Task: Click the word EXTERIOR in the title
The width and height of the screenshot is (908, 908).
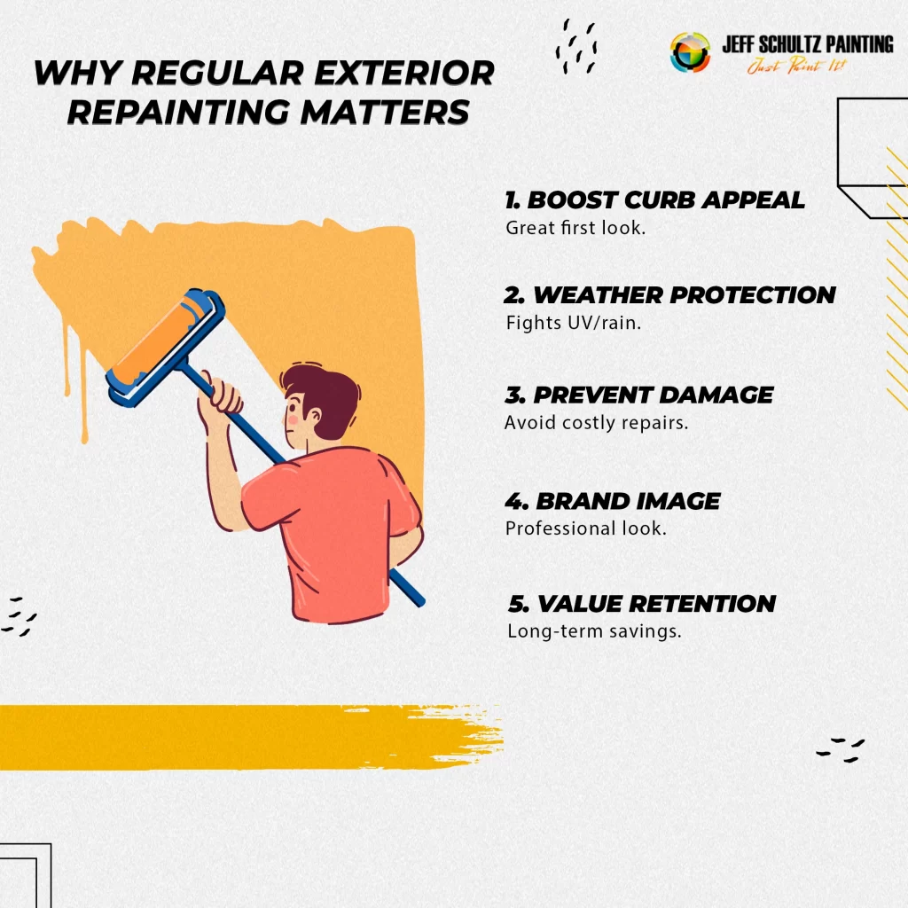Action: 404,73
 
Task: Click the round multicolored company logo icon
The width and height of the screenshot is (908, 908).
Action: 690,52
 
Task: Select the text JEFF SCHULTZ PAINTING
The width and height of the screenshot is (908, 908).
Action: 808,44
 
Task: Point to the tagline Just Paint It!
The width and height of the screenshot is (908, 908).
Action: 797,66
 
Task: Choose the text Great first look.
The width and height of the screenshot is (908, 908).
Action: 575,228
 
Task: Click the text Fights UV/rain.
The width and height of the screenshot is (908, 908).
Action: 574,323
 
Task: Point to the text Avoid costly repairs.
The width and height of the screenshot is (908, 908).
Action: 597,423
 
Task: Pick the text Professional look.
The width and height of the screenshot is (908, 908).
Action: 586,528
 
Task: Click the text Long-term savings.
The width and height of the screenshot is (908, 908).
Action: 594,630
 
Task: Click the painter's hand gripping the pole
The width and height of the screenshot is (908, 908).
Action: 220,400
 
